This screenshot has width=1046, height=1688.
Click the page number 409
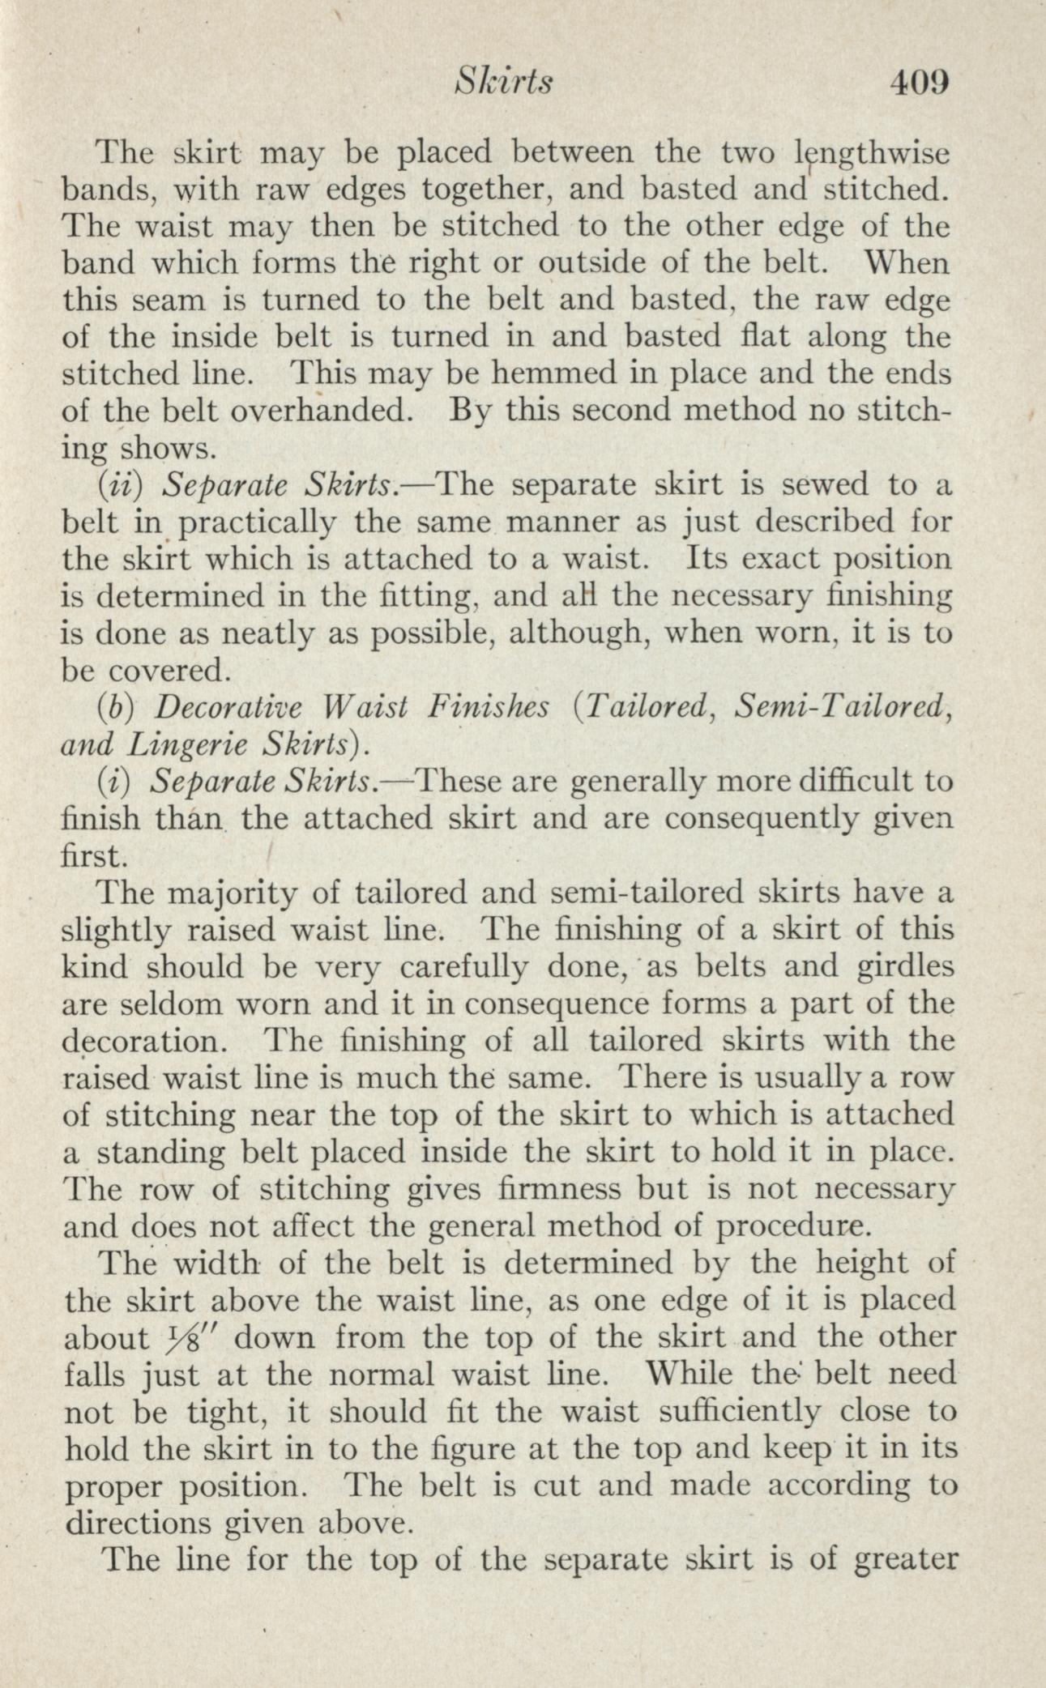[x=919, y=83]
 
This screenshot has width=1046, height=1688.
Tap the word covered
[x=165, y=671]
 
